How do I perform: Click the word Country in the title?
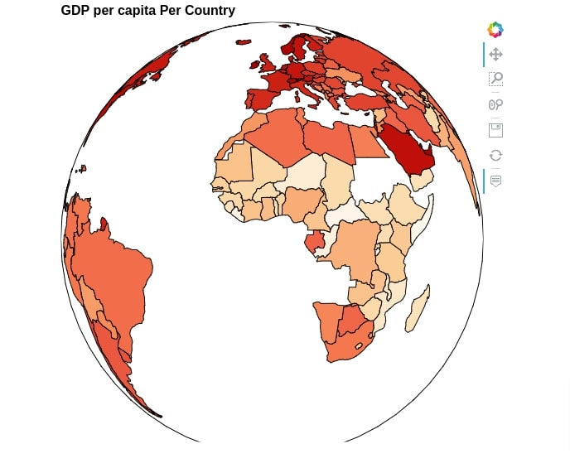[210, 10]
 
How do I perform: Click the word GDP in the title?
[75, 10]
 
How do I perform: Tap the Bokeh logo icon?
[495, 30]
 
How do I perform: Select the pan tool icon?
[495, 55]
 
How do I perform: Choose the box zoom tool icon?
[495, 79]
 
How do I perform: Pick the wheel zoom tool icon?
[495, 104]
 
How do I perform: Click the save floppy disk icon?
[495, 130]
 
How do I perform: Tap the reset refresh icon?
[495, 156]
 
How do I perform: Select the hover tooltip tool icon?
[495, 181]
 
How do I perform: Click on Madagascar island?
[418, 309]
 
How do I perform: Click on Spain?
[261, 99]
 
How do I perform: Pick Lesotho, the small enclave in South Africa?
[359, 346]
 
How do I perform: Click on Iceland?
[244, 42]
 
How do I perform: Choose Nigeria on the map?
[302, 204]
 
